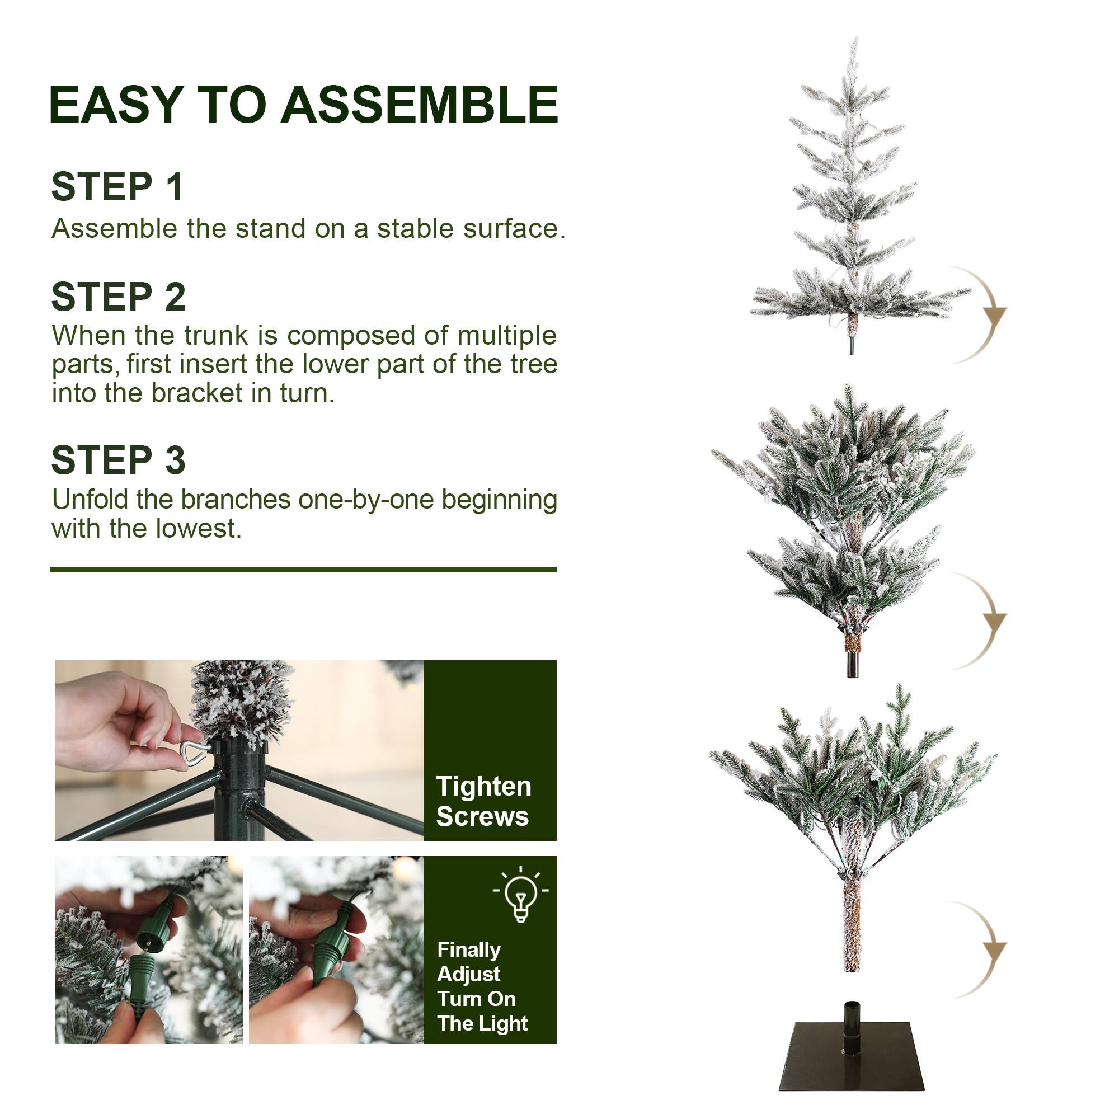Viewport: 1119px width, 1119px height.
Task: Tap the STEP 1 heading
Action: click(117, 186)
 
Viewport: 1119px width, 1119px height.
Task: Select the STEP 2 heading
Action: click(119, 297)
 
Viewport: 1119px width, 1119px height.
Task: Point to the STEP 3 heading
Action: click(119, 460)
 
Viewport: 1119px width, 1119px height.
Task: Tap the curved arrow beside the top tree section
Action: click(982, 315)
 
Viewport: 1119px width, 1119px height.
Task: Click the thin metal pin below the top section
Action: click(852, 345)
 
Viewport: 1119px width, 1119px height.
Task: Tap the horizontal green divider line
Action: click(303, 570)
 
